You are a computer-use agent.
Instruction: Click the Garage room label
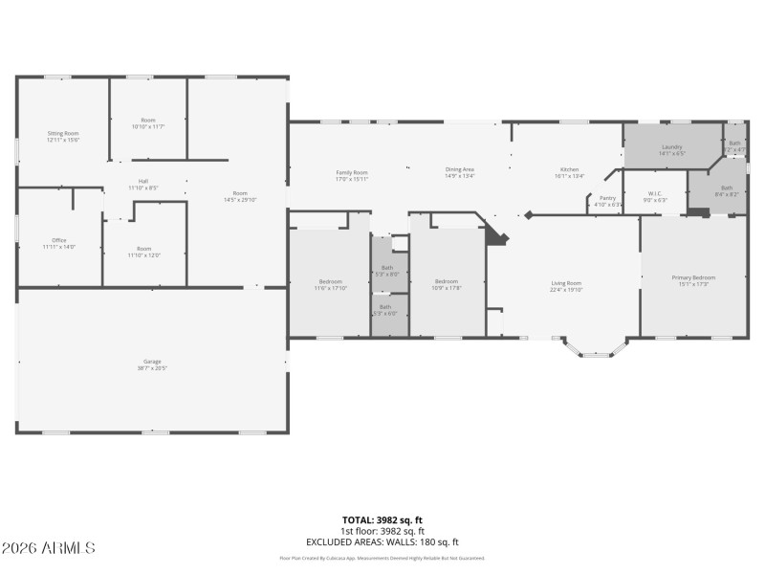tap(153, 364)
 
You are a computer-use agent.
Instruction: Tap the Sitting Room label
tap(63, 136)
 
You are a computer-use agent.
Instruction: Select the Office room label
tap(58, 244)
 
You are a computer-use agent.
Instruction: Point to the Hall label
tap(143, 184)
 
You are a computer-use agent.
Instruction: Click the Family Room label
tap(352, 174)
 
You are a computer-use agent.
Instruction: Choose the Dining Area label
tap(459, 172)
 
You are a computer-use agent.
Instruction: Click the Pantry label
tap(607, 201)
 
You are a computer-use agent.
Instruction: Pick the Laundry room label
tap(671, 149)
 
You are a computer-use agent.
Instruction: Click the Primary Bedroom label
tap(693, 280)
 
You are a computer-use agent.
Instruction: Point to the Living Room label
tap(566, 286)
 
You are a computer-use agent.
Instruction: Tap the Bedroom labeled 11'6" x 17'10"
tap(331, 284)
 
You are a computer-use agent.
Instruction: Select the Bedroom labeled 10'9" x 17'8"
tap(446, 284)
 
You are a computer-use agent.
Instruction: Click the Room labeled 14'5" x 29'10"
tap(239, 196)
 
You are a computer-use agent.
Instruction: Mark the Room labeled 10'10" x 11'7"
tap(148, 123)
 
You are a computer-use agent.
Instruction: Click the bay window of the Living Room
tap(595, 349)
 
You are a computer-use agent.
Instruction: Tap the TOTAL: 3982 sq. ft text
tap(382, 519)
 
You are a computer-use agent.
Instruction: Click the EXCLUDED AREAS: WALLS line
tap(382, 541)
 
